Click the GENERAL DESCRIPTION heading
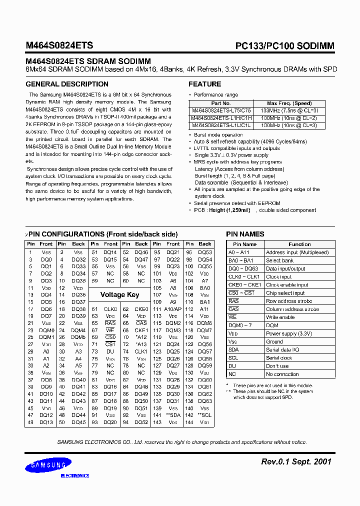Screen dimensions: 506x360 (x=67, y=84)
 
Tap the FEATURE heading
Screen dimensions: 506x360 (x=204, y=84)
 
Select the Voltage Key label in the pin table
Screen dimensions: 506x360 (x=119, y=294)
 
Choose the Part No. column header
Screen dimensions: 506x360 (x=221, y=103)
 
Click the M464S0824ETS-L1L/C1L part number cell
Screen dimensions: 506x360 (x=221, y=125)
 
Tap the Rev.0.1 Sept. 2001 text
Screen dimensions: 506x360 (x=296, y=461)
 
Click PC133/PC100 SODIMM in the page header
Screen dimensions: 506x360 (x=285, y=46)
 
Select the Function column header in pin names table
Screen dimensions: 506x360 (x=299, y=244)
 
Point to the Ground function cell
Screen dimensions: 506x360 (x=274, y=341)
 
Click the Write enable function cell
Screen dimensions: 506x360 (x=280, y=317)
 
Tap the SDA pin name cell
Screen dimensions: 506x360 (x=233, y=349)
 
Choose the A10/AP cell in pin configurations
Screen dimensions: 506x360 (x=173, y=309)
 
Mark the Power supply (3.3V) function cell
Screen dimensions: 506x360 (x=289, y=333)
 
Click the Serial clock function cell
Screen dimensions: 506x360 (x=279, y=358)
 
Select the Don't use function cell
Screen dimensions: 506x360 (x=277, y=366)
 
